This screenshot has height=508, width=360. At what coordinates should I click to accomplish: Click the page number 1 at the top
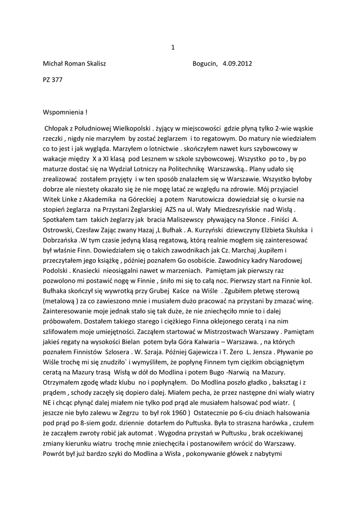click(x=173, y=48)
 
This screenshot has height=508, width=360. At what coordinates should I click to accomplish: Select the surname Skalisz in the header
click(x=92, y=63)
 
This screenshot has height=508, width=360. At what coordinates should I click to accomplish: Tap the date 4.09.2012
click(x=238, y=63)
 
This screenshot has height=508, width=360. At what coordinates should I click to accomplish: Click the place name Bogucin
click(x=205, y=63)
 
